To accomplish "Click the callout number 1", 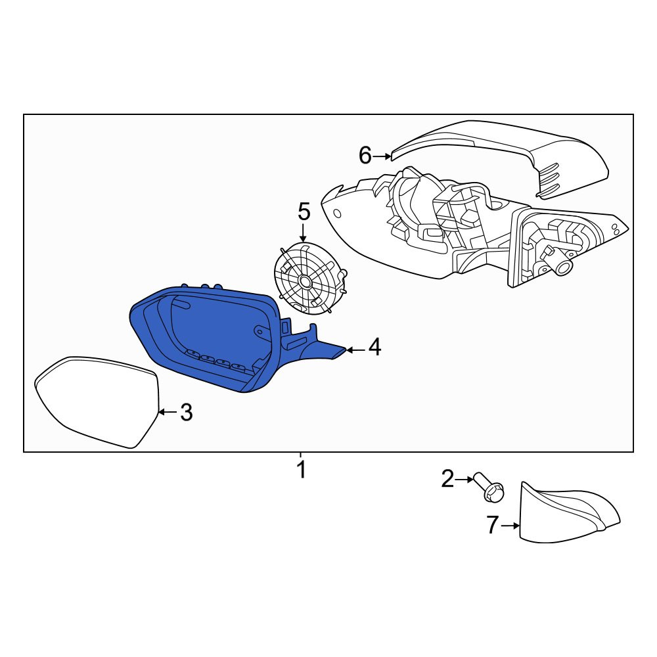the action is click(301, 470).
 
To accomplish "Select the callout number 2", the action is click(447, 479).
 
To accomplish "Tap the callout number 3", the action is click(187, 413).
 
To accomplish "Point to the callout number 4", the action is click(375, 348).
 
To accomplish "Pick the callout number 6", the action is click(365, 156).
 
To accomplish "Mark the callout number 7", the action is click(493, 525).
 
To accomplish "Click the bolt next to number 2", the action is click(489, 487).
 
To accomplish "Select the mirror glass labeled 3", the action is click(97, 401).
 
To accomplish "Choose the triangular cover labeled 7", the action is click(568, 512).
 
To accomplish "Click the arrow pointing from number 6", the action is click(382, 156).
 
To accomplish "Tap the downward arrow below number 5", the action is click(304, 232).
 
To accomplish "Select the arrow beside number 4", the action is click(355, 349).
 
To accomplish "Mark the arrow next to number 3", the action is click(168, 413).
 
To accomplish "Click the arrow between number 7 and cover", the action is click(510, 526).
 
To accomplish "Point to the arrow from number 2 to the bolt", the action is click(464, 480).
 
